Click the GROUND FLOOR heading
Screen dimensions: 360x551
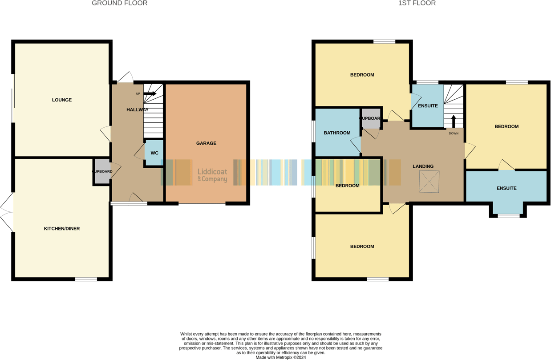119,3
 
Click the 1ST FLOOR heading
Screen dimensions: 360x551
417,3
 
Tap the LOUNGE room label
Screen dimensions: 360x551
62,100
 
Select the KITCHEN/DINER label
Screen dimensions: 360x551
62,229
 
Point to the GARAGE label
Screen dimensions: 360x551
206,143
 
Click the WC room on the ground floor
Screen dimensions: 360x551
154,153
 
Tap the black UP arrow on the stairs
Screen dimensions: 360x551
150,94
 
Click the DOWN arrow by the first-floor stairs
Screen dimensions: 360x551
454,121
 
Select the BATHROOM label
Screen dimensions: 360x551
337,133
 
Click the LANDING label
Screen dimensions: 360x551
423,166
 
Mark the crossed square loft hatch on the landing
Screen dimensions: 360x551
429,182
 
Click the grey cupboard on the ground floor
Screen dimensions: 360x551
102,172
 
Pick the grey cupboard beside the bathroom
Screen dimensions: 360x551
371,118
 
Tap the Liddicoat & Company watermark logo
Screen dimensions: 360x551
212,175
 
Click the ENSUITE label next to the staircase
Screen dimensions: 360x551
428,106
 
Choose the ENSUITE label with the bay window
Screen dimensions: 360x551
506,188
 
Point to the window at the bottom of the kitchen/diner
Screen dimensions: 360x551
86,279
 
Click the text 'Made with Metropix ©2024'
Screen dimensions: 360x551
280,357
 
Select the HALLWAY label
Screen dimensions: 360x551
138,110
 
